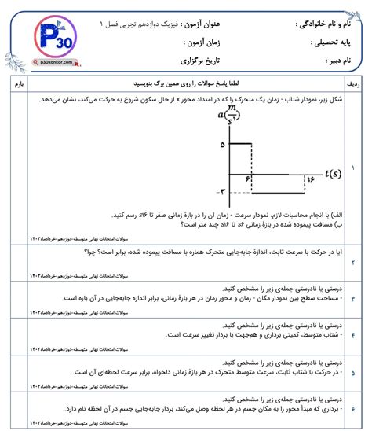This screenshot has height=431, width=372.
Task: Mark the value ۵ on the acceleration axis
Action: pos(223,145)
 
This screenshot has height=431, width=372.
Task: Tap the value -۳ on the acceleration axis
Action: pos(221,191)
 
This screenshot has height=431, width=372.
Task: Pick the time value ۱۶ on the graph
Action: pos(308,179)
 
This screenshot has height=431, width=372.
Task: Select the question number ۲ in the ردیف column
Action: pos(353,260)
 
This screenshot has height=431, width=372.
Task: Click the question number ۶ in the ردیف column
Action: pos(353,410)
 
